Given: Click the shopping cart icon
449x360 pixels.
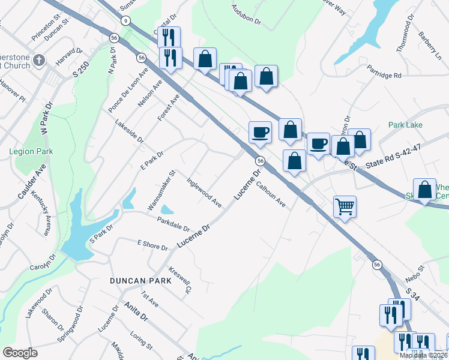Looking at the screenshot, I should [345, 207].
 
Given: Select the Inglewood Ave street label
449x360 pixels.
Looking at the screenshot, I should [204, 192].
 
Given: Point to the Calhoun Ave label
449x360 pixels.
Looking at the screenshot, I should [271, 195].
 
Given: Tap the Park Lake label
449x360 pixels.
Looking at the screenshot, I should [405, 125].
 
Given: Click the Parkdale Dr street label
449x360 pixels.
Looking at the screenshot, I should [173, 225].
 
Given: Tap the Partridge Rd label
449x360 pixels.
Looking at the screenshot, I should [384, 76].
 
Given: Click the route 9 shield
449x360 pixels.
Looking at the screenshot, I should [125, 20].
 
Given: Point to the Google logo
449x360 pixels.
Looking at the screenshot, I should [20, 353].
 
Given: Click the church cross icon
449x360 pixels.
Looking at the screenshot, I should [40, 60].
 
